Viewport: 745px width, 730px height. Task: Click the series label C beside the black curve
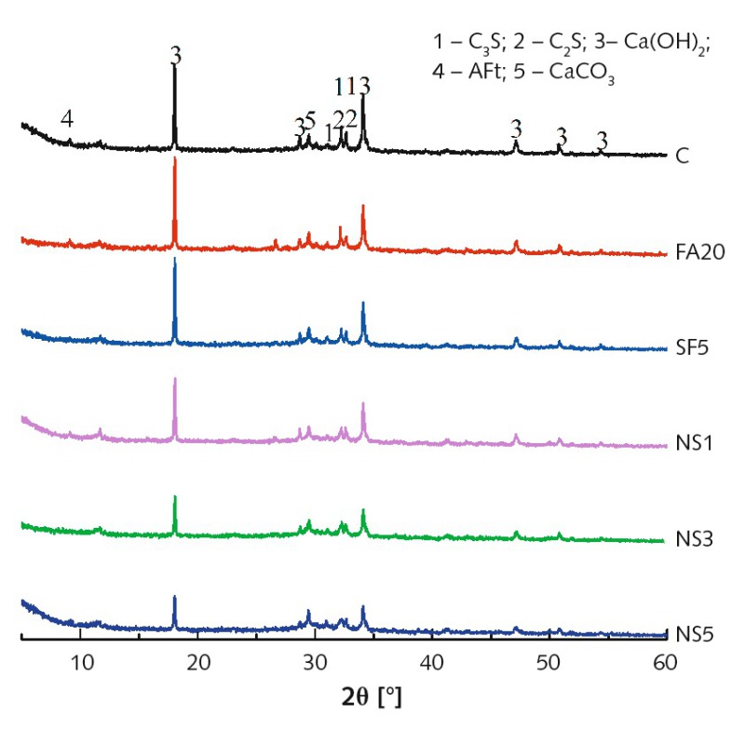tap(683, 155)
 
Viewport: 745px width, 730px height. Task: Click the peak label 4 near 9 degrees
tap(67, 118)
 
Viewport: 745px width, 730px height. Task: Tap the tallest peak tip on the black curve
tap(175, 65)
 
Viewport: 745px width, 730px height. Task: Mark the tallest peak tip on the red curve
tap(175, 159)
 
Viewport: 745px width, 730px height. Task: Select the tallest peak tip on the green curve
tap(175, 498)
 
